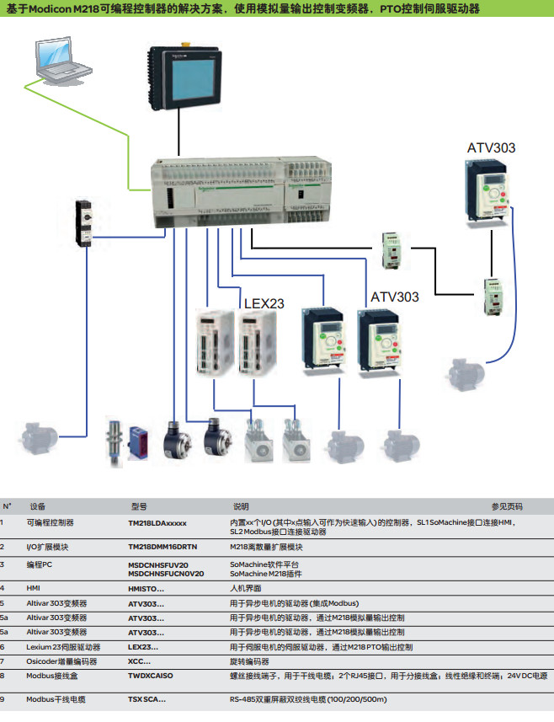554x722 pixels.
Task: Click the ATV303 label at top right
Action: [491, 148]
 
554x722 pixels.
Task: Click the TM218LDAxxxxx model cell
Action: [157, 523]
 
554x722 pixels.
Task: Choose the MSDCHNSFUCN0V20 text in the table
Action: [166, 573]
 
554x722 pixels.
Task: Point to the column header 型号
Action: [139, 506]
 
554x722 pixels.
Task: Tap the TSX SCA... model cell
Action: [146, 699]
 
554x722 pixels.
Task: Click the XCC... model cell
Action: [140, 660]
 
